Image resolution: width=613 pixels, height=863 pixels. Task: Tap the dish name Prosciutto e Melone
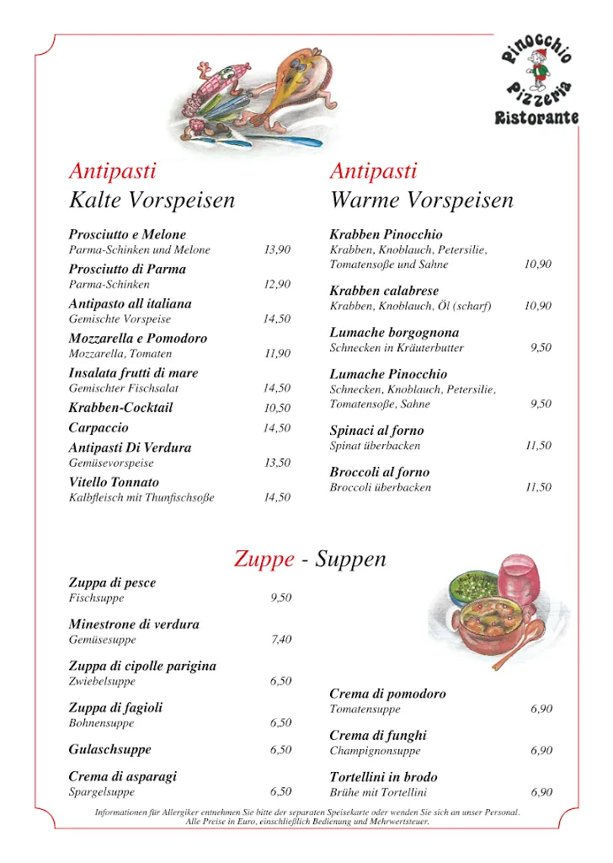pyautogui.click(x=127, y=234)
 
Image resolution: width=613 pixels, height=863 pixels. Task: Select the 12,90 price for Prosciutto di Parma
pyautogui.click(x=277, y=285)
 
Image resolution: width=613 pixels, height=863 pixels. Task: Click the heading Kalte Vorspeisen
pyautogui.click(x=152, y=201)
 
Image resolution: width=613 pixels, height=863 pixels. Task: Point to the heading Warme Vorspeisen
pyautogui.click(x=421, y=201)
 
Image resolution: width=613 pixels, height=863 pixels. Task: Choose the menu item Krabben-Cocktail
pyautogui.click(x=120, y=408)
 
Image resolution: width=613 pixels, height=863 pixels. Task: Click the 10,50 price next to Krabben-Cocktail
pyautogui.click(x=277, y=409)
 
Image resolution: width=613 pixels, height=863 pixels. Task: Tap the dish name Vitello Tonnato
pyautogui.click(x=114, y=483)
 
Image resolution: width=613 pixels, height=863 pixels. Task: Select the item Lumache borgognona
pyautogui.click(x=394, y=333)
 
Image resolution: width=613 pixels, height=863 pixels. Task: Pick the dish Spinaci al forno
pyautogui.click(x=376, y=431)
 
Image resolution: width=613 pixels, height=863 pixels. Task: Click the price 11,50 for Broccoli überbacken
pyautogui.click(x=538, y=488)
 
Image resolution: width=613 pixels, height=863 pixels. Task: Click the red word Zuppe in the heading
pyautogui.click(x=264, y=560)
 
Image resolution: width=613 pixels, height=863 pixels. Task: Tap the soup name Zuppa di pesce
pyautogui.click(x=112, y=583)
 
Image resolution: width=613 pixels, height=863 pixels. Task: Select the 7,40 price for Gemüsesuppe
pyautogui.click(x=281, y=641)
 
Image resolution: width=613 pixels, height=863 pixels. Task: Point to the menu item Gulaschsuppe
pyautogui.click(x=109, y=749)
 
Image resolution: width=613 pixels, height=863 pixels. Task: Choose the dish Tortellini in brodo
pyautogui.click(x=383, y=777)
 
